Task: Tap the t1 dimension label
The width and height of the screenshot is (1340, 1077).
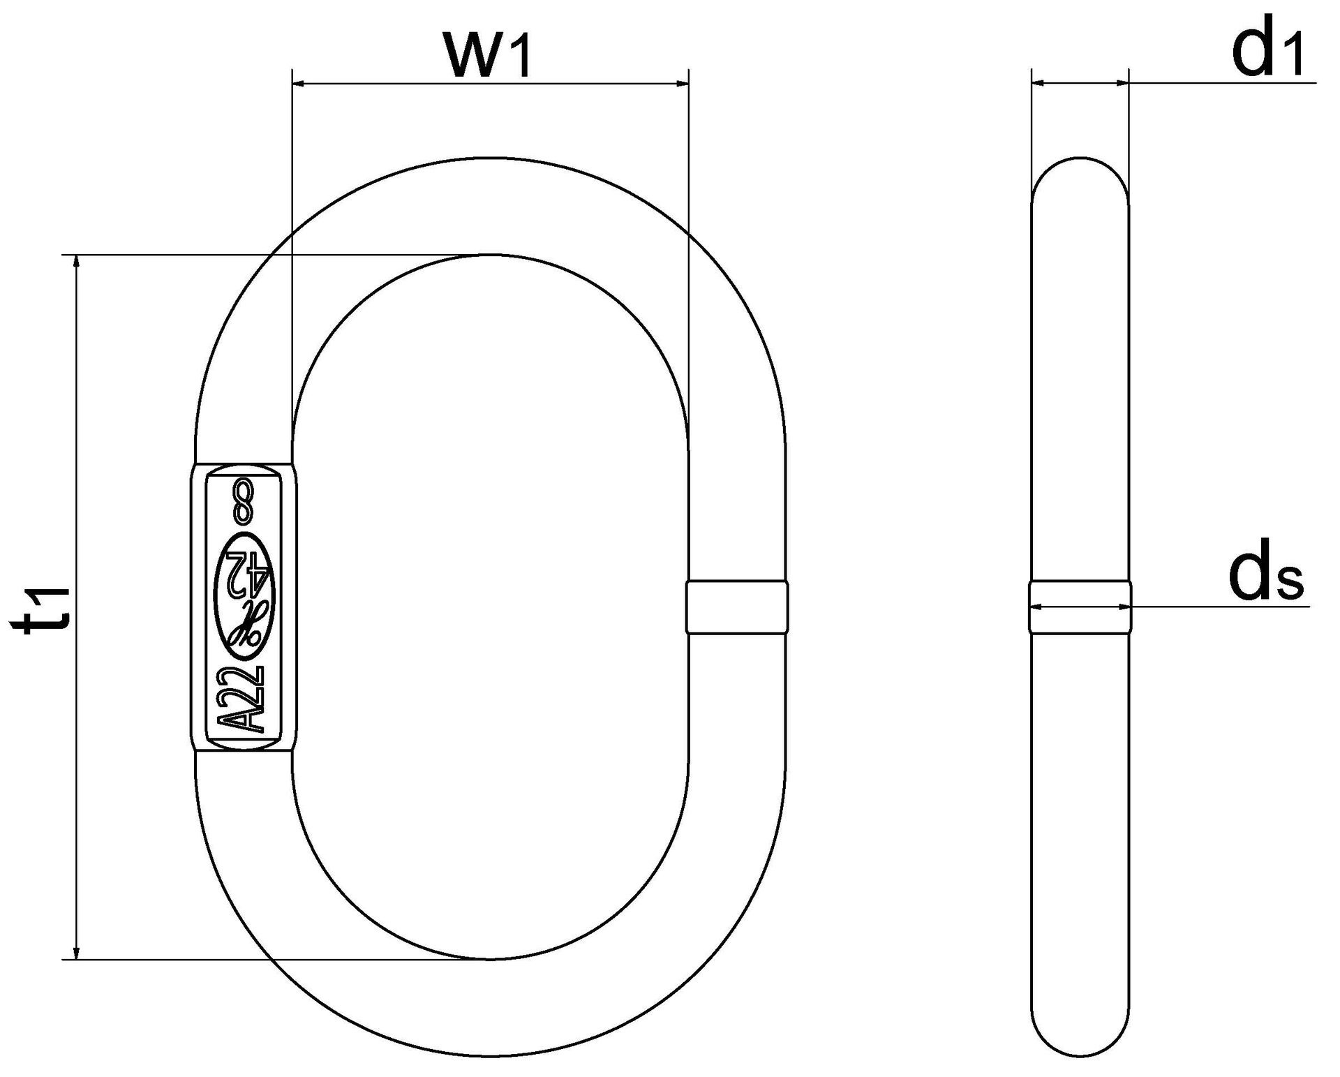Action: click(45, 607)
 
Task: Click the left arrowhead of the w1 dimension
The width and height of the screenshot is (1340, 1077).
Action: click(300, 84)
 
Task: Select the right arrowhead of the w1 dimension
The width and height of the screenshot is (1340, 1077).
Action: click(680, 84)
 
